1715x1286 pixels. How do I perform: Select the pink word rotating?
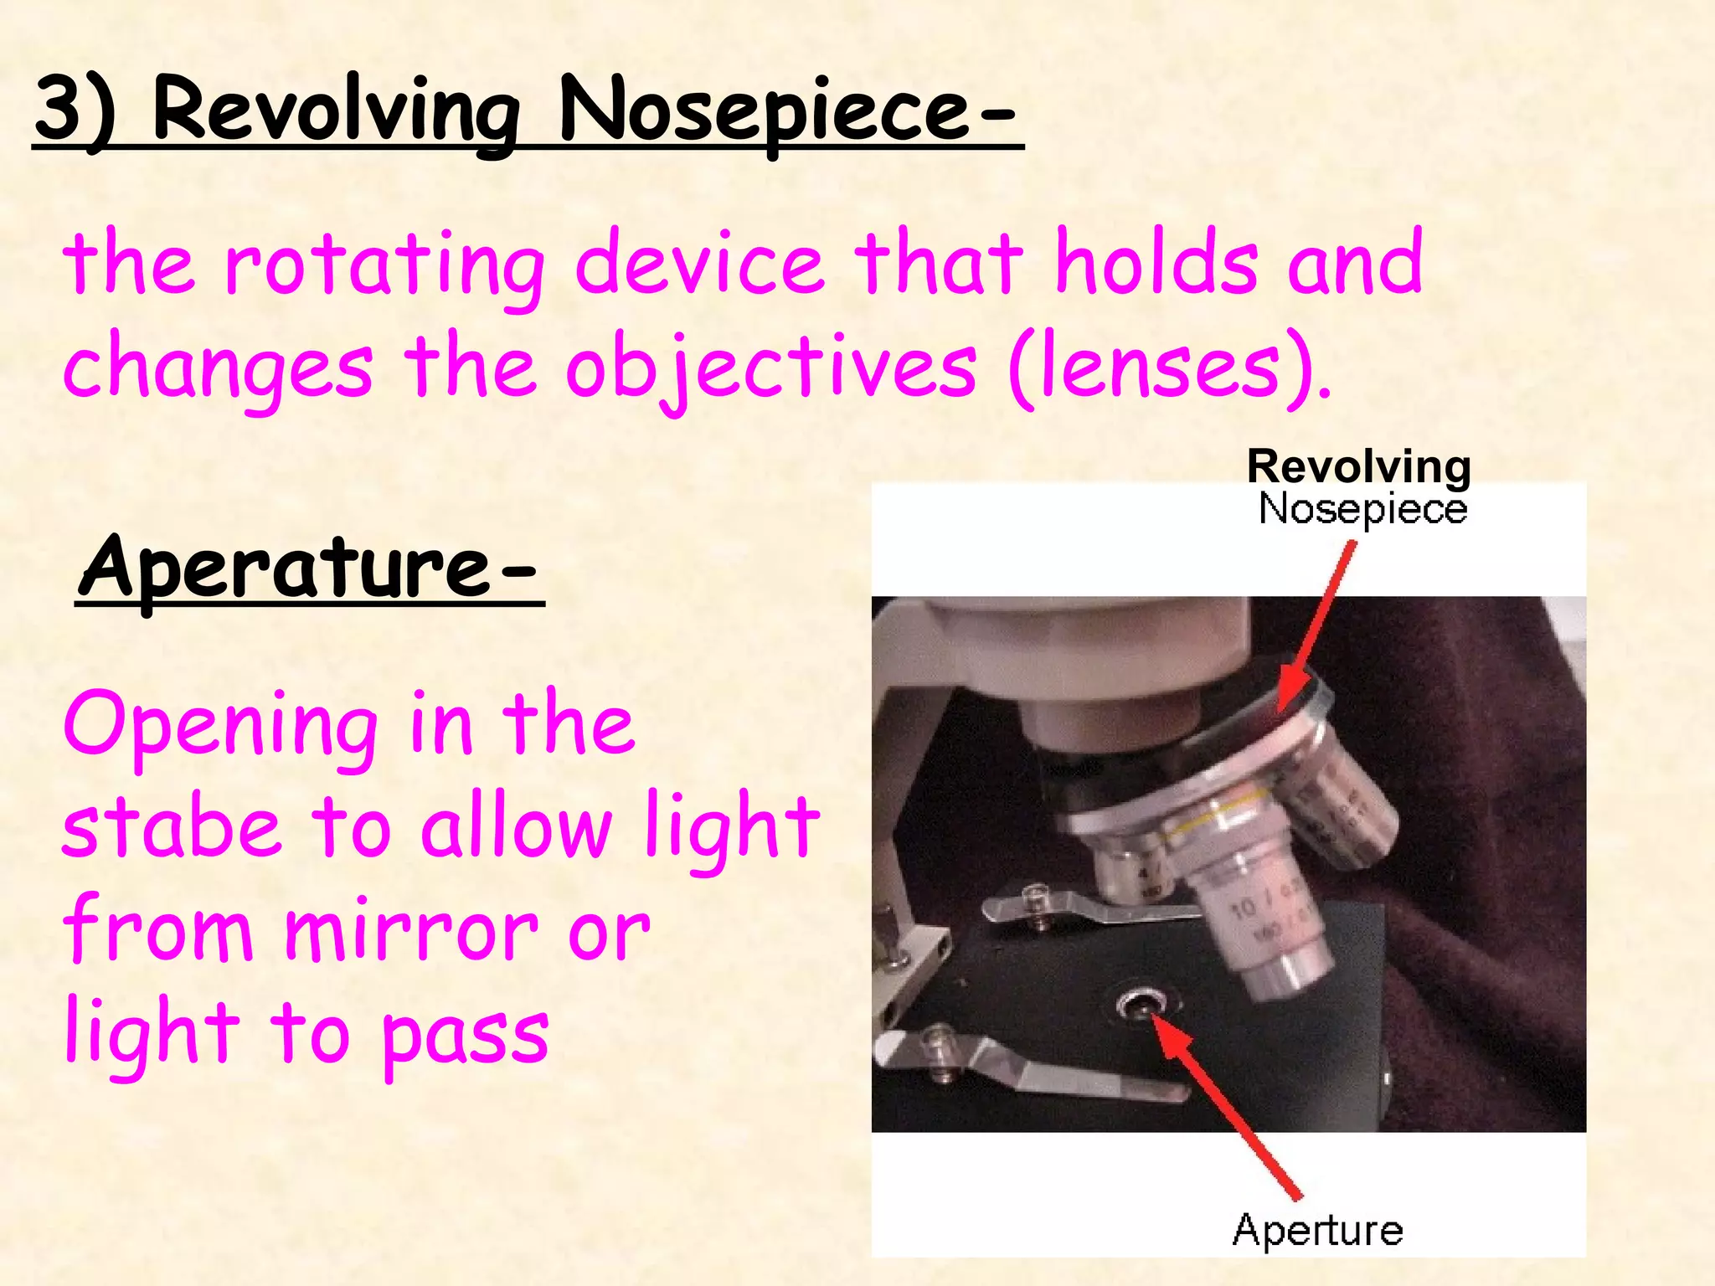(x=384, y=266)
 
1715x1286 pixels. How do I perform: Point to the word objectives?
(x=770, y=368)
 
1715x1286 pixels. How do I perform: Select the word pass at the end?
(x=466, y=1035)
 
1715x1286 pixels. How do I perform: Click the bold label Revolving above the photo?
(x=1358, y=466)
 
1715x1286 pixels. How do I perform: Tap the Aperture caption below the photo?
(x=1317, y=1230)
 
